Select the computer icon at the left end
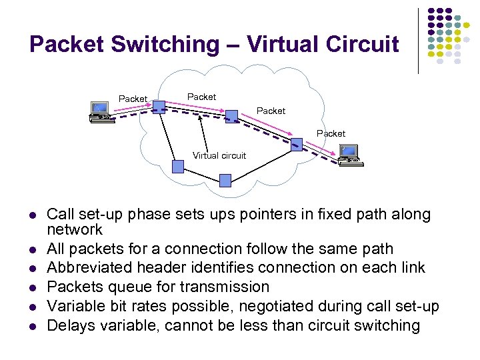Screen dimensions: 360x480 tap(100, 112)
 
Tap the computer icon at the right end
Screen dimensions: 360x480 tap(349, 155)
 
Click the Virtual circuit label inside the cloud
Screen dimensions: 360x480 tap(219, 155)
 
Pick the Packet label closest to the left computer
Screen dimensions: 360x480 tap(133, 99)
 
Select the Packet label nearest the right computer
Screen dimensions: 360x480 tap(331, 133)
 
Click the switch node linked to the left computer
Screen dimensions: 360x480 tap(158, 107)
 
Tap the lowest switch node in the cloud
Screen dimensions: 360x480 tap(225, 180)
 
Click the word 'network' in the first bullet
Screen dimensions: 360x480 tap(75, 230)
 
